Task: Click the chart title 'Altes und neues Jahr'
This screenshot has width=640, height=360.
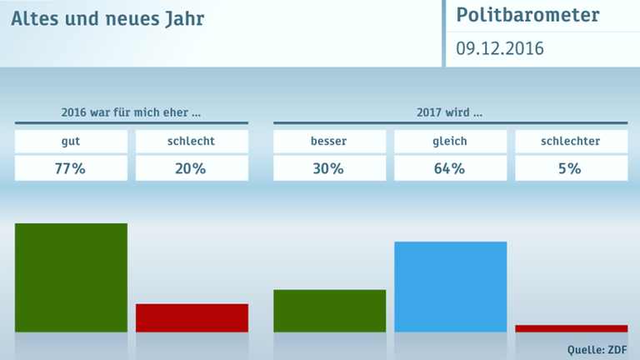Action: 107,17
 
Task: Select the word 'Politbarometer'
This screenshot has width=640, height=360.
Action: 527,16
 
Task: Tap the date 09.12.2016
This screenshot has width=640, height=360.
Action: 499,49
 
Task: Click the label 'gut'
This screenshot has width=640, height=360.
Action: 71,141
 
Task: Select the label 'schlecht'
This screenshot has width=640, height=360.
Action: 192,141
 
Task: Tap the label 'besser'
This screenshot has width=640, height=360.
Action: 329,141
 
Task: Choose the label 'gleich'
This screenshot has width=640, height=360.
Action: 450,141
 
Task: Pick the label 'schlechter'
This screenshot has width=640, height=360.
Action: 571,141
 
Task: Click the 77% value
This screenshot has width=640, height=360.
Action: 71,168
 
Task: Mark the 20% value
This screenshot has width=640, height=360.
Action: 192,168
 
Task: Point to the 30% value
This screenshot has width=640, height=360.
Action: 329,168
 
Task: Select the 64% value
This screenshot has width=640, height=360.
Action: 450,168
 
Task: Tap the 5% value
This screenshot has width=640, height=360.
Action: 571,168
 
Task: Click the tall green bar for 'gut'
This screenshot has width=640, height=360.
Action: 71,277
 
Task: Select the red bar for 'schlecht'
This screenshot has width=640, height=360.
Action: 192,317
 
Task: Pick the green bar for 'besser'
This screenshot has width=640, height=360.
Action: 329,311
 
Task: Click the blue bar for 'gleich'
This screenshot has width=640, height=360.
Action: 450,287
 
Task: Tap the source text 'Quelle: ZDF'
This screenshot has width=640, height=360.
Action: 597,349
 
